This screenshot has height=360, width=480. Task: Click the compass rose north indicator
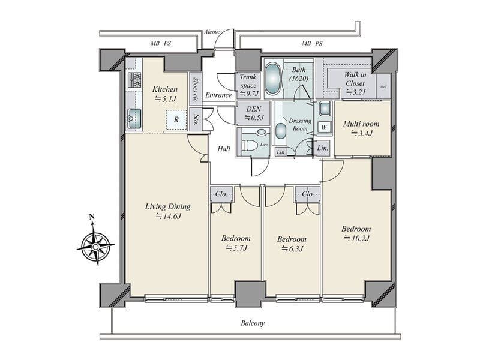pyautogui.click(x=92, y=217)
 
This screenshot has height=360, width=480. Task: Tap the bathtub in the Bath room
pyautogui.click(x=272, y=79)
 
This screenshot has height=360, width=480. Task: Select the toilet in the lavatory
pyautogui.click(x=249, y=145)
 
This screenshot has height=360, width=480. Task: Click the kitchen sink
pyautogui.click(x=134, y=118)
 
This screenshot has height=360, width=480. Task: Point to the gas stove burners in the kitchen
pyautogui.click(x=134, y=80)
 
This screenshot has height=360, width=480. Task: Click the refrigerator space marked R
pyautogui.click(x=176, y=119)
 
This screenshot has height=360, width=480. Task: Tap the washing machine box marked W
pyautogui.click(x=324, y=127)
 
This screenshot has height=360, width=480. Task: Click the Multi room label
pyautogui.click(x=361, y=124)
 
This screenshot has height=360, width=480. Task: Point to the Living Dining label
pyautogui.click(x=168, y=206)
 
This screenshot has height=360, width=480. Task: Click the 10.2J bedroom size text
pyautogui.click(x=357, y=238)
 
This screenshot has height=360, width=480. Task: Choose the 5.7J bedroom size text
pyautogui.click(x=236, y=248)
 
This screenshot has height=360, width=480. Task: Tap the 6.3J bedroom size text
pyautogui.click(x=292, y=248)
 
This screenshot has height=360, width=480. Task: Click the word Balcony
pyautogui.click(x=253, y=323)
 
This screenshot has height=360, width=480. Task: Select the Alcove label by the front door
pyautogui.click(x=212, y=32)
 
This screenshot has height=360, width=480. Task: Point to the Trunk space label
pyautogui.click(x=248, y=82)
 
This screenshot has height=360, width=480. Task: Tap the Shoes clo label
pyautogui.click(x=195, y=89)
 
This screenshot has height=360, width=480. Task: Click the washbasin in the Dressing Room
pyautogui.click(x=280, y=131)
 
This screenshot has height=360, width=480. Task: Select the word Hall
pyautogui.click(x=224, y=149)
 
